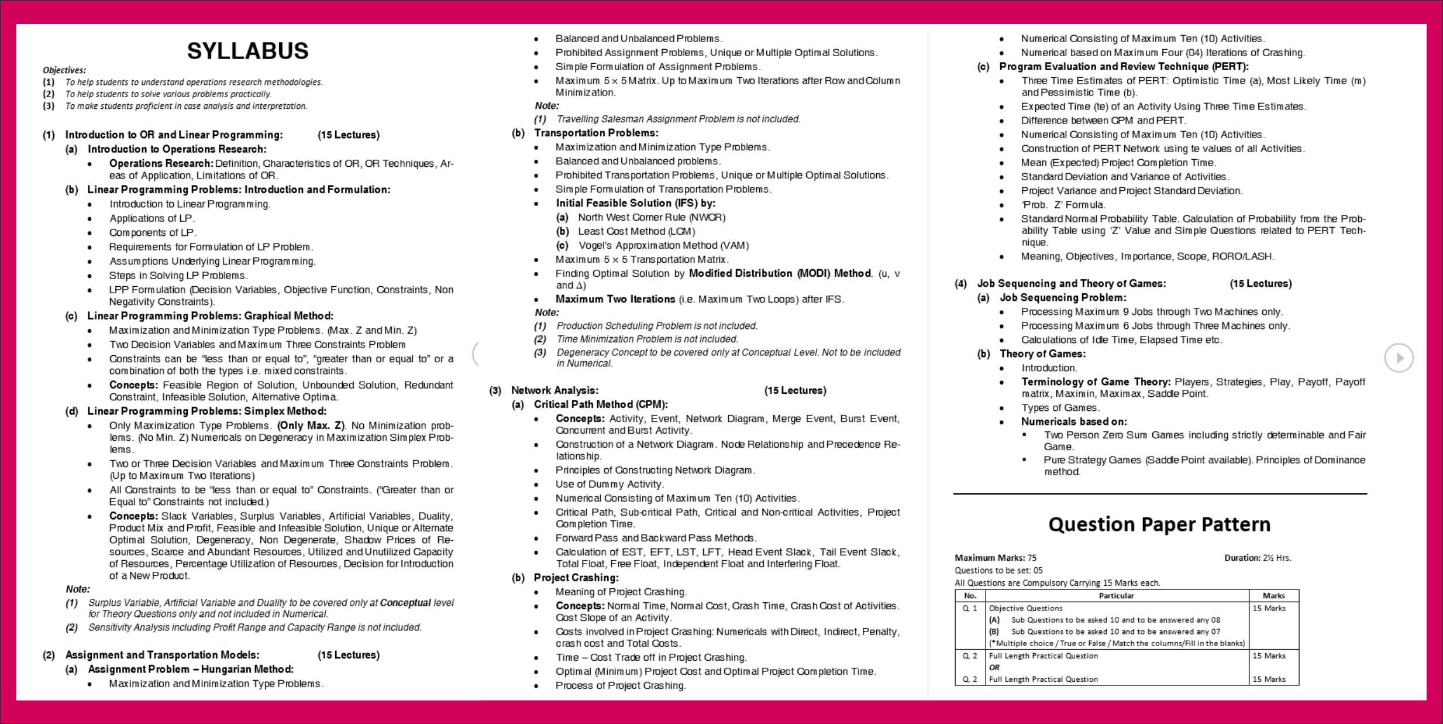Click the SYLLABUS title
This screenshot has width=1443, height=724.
point(247,52)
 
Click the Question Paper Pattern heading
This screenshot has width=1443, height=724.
point(1159,524)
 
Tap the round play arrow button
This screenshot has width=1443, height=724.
point(1399,358)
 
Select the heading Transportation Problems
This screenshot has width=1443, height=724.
point(595,133)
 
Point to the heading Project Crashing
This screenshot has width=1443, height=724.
point(576,578)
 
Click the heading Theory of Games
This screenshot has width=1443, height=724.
point(1042,354)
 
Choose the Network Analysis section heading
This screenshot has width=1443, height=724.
point(554,390)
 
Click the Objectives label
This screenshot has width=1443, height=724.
point(64,70)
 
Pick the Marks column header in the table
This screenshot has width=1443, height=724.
point(1273,596)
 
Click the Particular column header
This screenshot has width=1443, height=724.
point(1116,596)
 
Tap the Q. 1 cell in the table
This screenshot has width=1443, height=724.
point(970,608)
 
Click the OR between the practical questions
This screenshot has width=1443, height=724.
point(994,667)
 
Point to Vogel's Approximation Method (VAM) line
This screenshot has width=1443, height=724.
point(663,245)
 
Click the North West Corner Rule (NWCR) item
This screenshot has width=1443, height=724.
point(651,217)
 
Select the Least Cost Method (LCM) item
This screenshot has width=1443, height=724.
point(636,231)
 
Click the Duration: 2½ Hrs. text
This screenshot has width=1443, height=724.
point(1258,558)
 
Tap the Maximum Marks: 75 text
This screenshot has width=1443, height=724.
point(996,558)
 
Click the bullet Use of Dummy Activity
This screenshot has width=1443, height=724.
point(609,484)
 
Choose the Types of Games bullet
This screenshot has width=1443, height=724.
point(1060,407)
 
